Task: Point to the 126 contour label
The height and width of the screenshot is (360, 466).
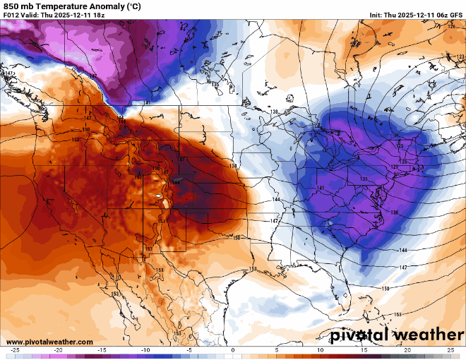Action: pos(452,26)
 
